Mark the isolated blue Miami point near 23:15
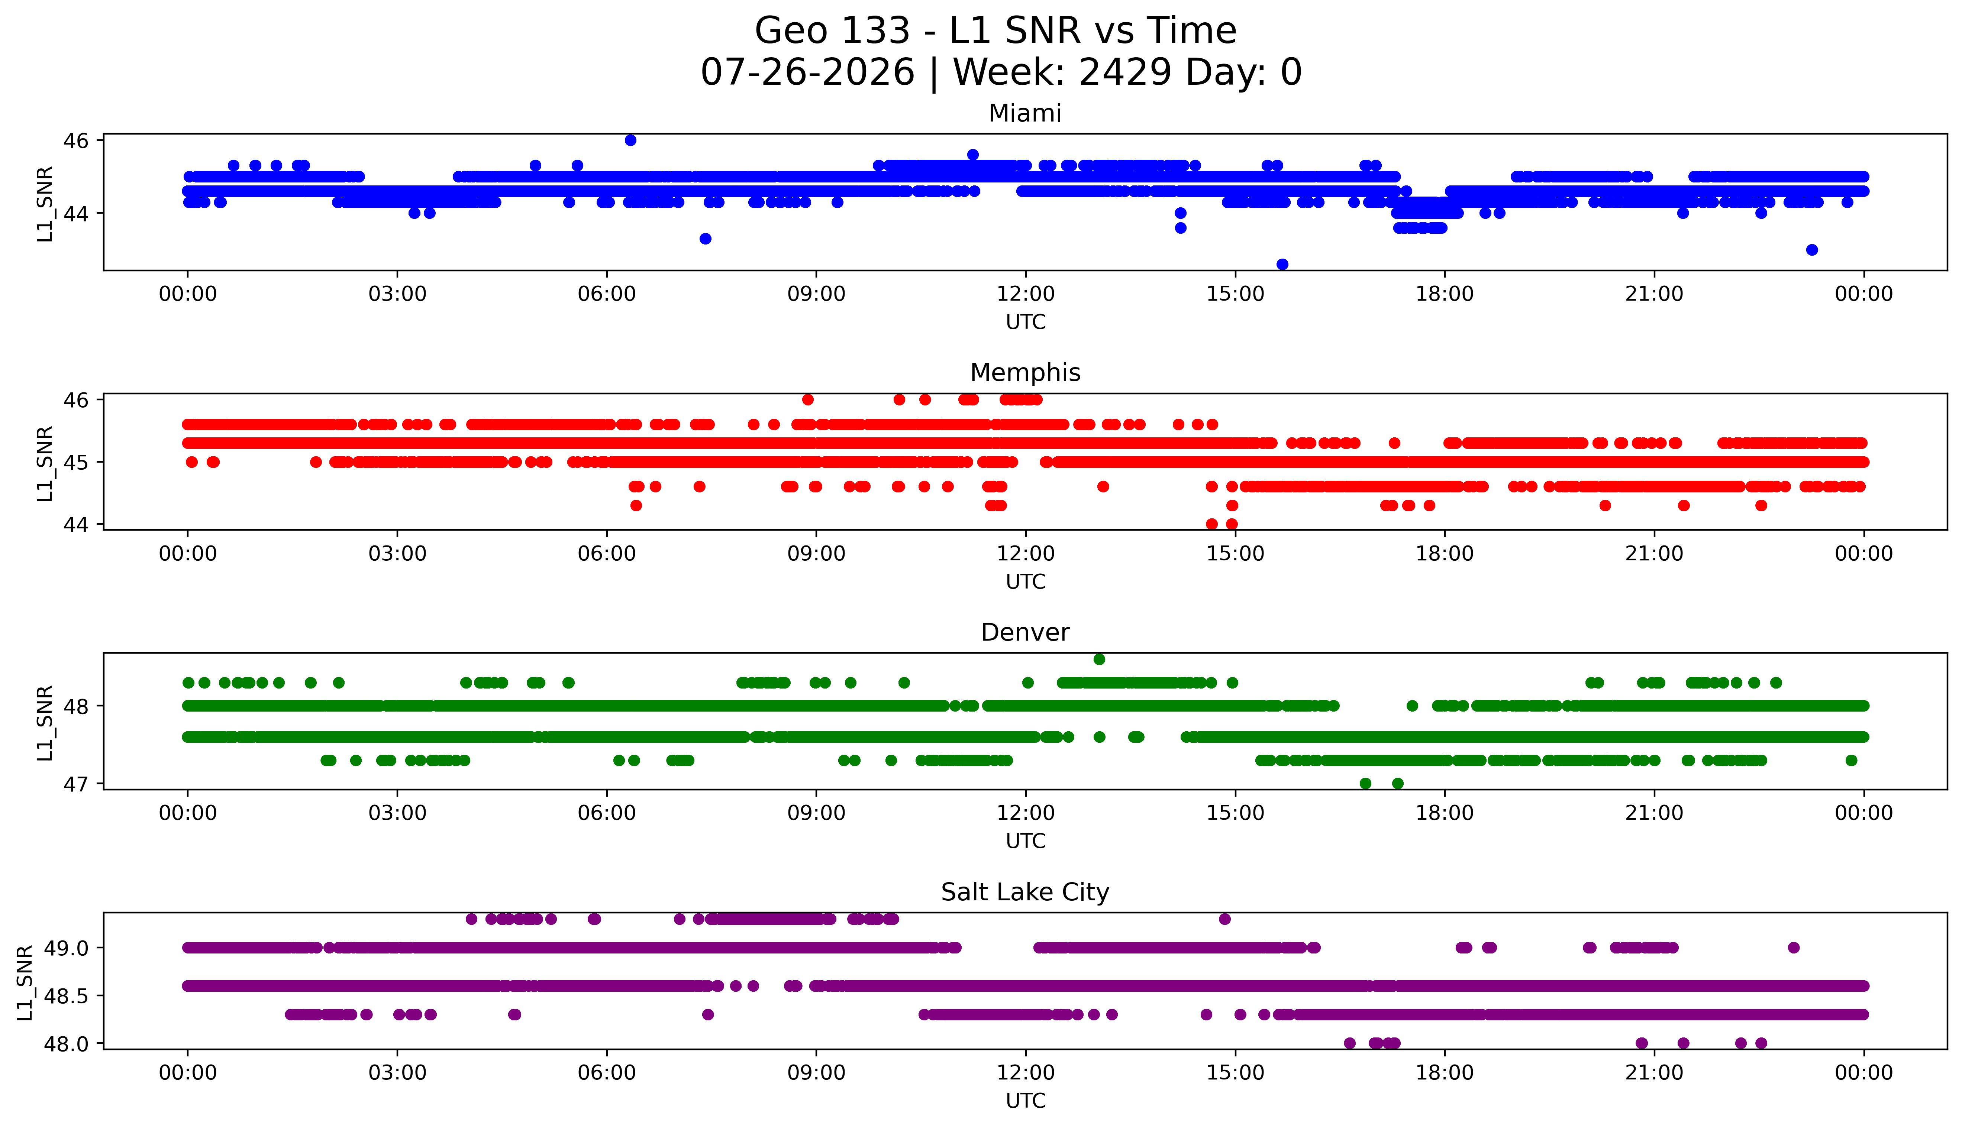tap(1812, 249)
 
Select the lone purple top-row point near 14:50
tap(1224, 919)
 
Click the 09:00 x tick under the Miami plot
tap(816, 294)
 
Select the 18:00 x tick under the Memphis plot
tap(1445, 553)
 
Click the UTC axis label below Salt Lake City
tap(1025, 1100)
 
